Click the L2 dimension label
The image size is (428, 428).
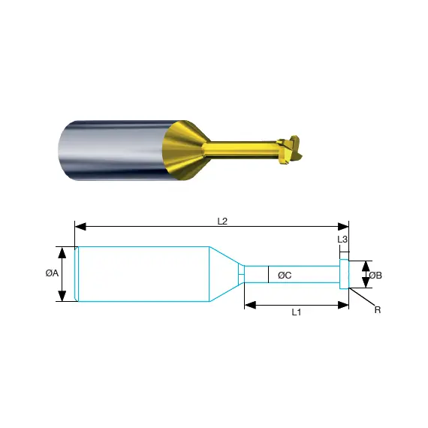click(222, 222)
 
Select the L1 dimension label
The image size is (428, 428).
click(297, 312)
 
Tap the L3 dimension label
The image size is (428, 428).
click(342, 240)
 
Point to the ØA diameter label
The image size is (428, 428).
click(52, 273)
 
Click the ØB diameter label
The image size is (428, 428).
click(375, 276)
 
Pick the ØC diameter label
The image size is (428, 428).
click(285, 276)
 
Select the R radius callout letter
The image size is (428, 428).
click(378, 310)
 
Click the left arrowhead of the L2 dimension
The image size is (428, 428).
click(80, 227)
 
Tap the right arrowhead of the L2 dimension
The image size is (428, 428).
click(343, 227)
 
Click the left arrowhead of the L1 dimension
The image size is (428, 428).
click(250, 305)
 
